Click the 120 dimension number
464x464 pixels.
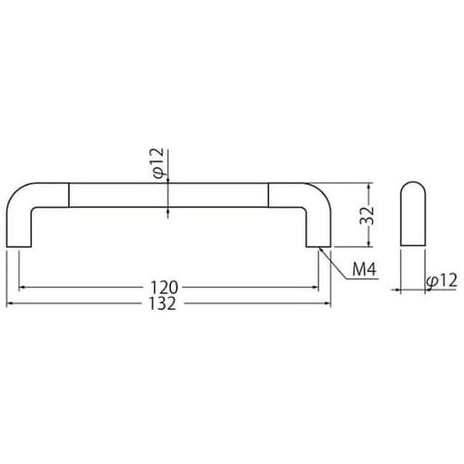tap(164, 288)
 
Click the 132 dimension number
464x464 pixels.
tap(162, 303)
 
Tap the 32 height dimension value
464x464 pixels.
tap(367, 215)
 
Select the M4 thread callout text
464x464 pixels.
tap(365, 269)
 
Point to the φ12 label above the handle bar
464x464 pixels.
tap(158, 163)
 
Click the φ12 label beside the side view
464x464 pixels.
tap(442, 280)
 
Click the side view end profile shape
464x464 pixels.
tap(413, 213)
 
